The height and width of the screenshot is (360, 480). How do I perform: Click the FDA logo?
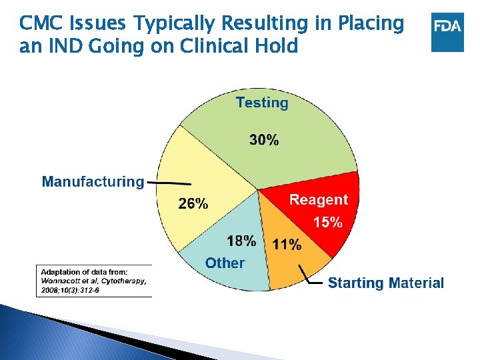tap(447, 31)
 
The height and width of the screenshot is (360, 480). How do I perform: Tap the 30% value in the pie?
tap(264, 140)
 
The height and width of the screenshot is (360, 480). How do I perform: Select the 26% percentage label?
tap(193, 205)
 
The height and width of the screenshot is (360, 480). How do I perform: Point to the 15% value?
tap(328, 221)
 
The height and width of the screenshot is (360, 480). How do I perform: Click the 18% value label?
tap(241, 241)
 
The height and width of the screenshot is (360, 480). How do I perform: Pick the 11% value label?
tap(287, 245)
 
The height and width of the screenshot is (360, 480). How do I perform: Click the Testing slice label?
tap(262, 103)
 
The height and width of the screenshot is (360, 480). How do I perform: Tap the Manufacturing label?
tap(93, 181)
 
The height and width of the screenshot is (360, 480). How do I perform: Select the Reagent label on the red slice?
tap(318, 199)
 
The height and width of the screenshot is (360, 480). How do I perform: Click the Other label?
tap(225, 263)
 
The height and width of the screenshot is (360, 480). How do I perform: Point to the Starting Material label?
tap(385, 283)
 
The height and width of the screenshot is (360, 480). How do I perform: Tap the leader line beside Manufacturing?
tap(169, 183)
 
